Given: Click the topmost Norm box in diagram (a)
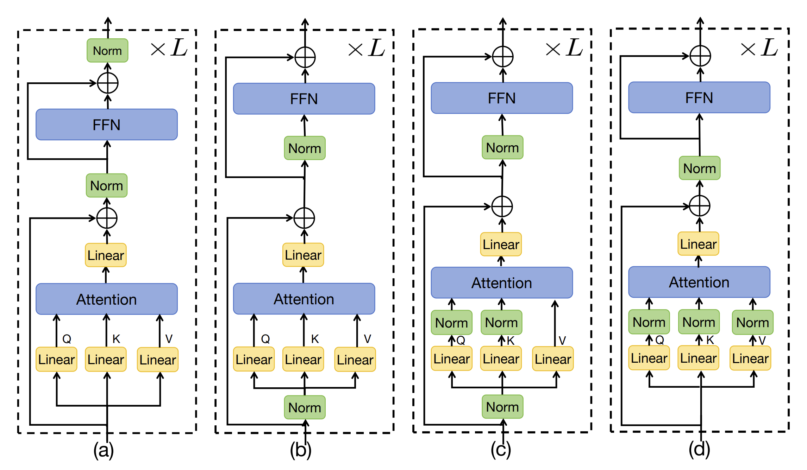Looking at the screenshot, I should [x=107, y=51].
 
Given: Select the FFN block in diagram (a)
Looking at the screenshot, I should [x=107, y=125].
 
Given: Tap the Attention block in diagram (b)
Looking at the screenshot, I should [x=304, y=299].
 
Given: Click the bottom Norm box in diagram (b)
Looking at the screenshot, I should [x=305, y=407].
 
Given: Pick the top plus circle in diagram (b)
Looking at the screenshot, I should [x=305, y=57].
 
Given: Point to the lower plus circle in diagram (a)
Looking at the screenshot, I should [x=107, y=218].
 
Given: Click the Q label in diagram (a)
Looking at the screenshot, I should [x=67, y=339].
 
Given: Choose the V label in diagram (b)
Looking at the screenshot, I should [x=367, y=339].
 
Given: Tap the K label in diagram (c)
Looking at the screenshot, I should [x=511, y=341].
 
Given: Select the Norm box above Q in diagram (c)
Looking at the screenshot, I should [x=451, y=323].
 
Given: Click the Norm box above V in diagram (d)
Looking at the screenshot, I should [x=752, y=322].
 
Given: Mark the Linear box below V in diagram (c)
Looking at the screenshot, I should [x=553, y=359].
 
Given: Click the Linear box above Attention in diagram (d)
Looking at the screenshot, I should [x=698, y=244].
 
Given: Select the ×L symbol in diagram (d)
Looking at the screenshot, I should [x=759, y=48].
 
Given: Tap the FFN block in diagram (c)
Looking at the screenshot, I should [x=502, y=98].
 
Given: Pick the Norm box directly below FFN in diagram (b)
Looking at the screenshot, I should [x=305, y=148].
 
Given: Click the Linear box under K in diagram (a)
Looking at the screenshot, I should [x=106, y=360].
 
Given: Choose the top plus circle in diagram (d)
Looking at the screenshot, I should [x=700, y=56].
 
